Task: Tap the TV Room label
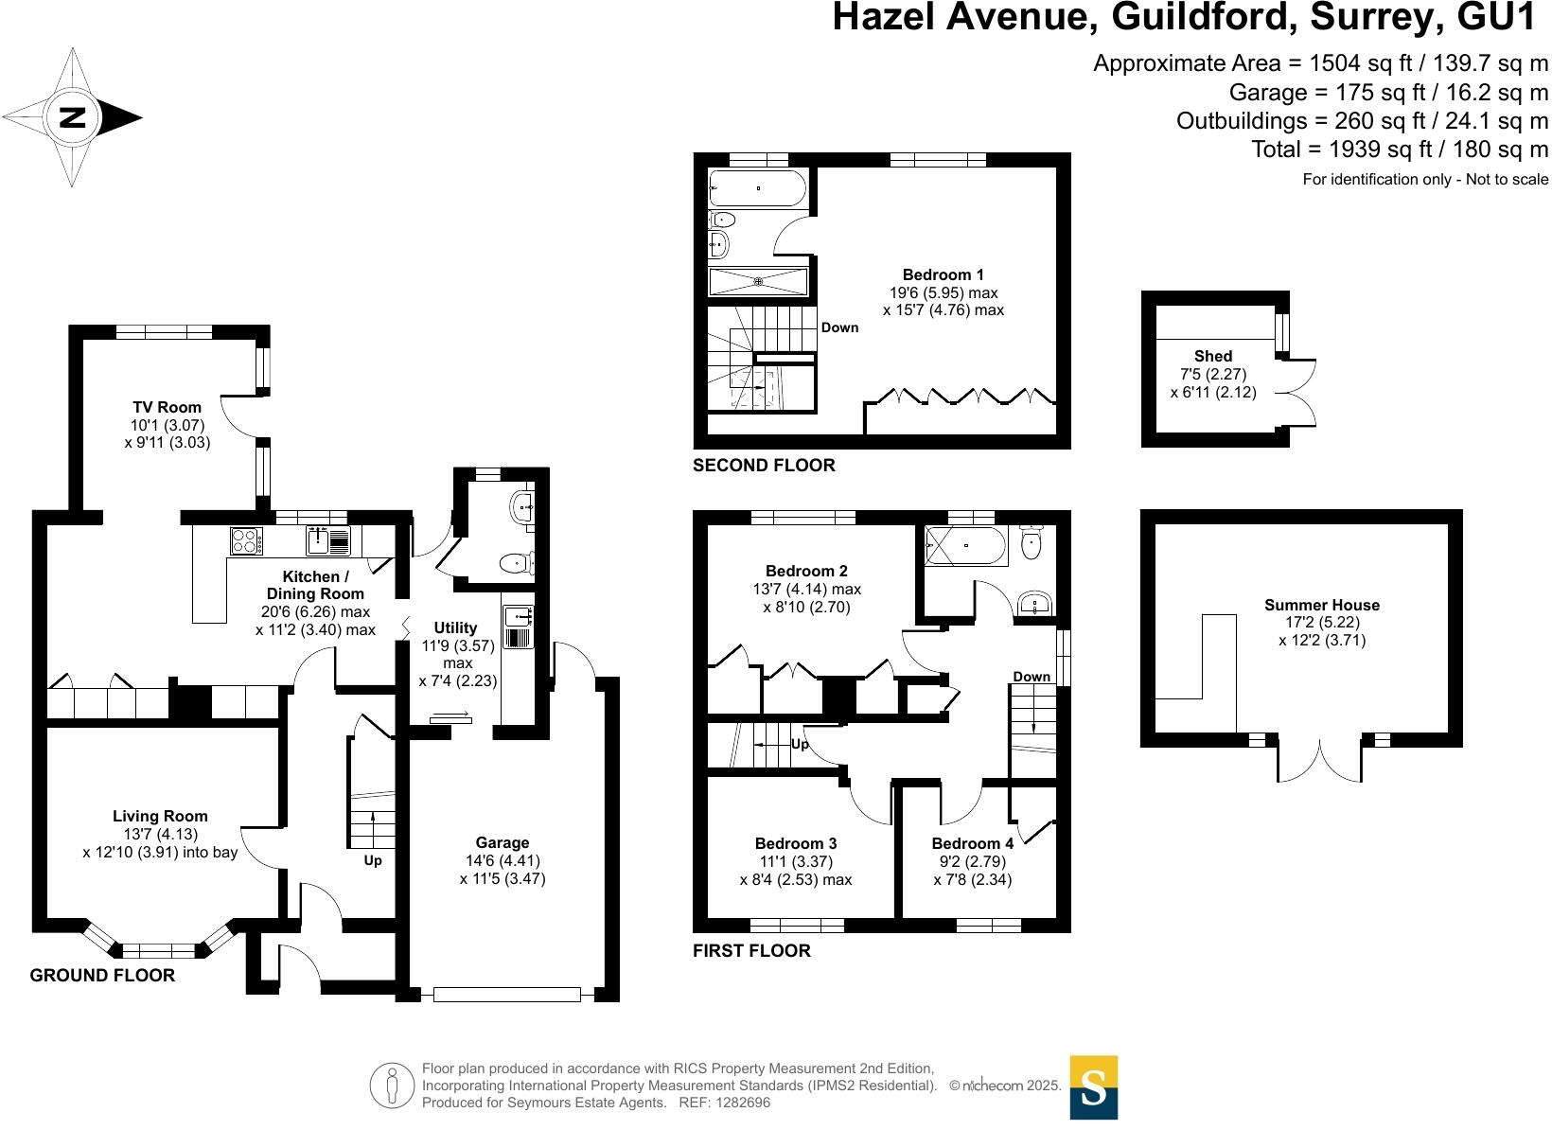(x=167, y=408)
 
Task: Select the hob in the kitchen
(x=246, y=540)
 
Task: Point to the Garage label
(x=503, y=842)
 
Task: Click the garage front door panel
(x=506, y=994)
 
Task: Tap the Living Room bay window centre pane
(x=158, y=949)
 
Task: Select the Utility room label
(x=455, y=627)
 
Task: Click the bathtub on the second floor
(x=758, y=188)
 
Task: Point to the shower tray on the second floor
(x=758, y=281)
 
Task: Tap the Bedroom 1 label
(x=943, y=275)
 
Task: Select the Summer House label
(x=1322, y=605)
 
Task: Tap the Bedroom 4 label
(x=972, y=843)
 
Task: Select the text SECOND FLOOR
(x=764, y=465)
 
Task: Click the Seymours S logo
(x=1093, y=1087)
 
